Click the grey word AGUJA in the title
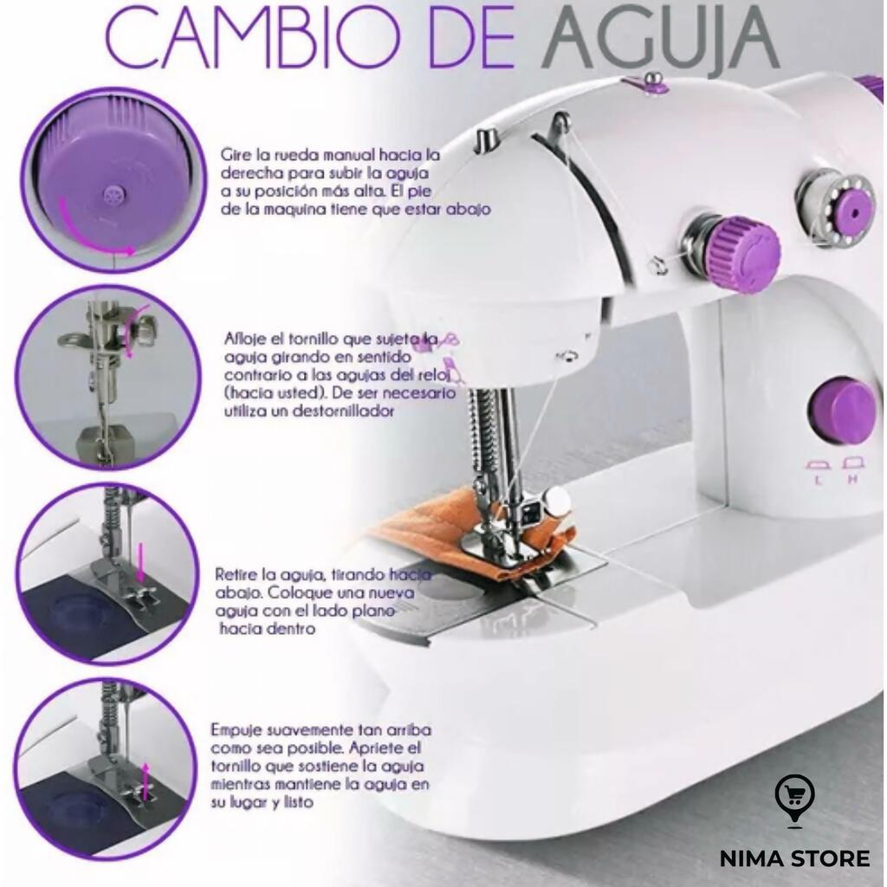click(x=659, y=40)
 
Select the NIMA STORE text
click(x=794, y=858)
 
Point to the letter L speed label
click(x=818, y=481)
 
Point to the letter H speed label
click(x=852, y=480)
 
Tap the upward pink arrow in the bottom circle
click(x=146, y=781)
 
